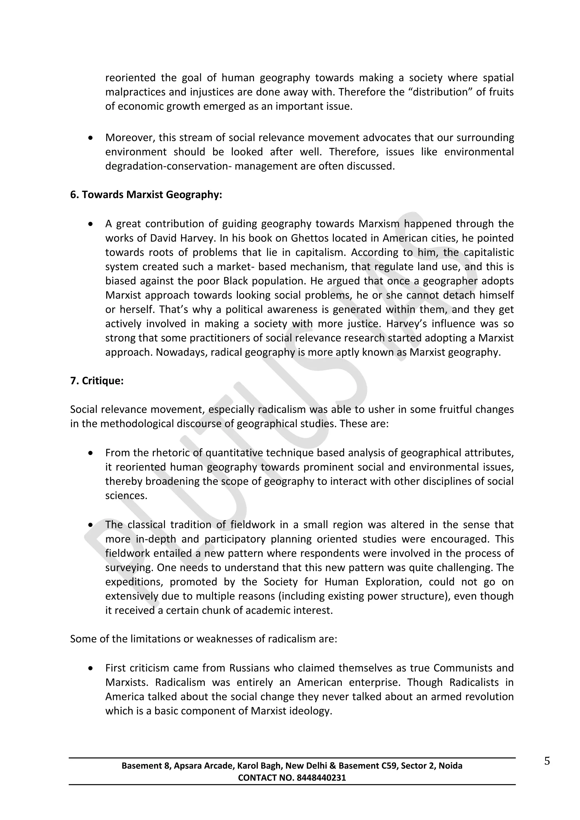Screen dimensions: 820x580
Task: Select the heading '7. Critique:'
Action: pyautogui.click(x=97, y=381)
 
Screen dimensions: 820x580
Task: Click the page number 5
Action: pyautogui.click(x=547, y=761)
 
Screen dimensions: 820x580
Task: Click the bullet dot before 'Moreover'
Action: pyautogui.click(x=91, y=138)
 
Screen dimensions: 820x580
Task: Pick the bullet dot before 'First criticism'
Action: pyautogui.click(x=91, y=668)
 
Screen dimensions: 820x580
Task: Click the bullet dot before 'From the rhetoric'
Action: pyautogui.click(x=91, y=453)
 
